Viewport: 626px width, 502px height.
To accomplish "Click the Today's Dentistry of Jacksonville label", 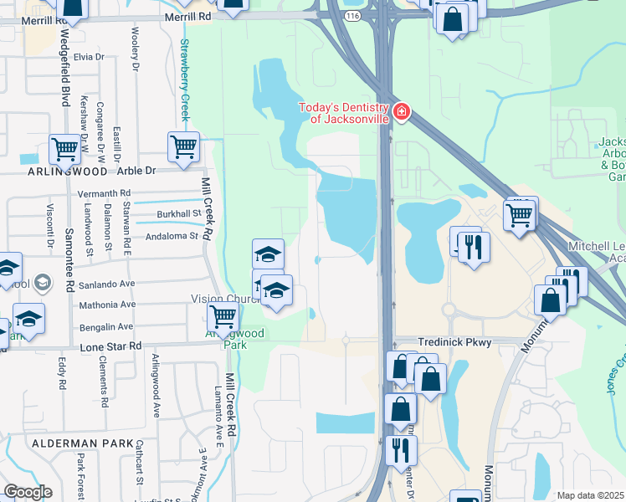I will (x=344, y=112).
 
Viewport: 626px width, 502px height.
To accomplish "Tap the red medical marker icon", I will (x=402, y=111).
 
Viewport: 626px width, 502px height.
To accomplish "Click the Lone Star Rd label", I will (x=111, y=346).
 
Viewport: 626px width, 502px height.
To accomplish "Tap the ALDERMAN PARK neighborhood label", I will (x=82, y=442).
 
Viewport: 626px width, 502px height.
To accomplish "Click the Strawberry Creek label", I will (x=185, y=79).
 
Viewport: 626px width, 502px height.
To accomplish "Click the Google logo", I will (x=28, y=491).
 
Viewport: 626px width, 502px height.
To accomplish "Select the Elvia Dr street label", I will (x=88, y=57).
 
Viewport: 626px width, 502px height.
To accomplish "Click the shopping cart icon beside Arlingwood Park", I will (x=223, y=315).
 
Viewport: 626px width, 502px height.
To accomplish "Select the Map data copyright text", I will (x=591, y=495).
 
